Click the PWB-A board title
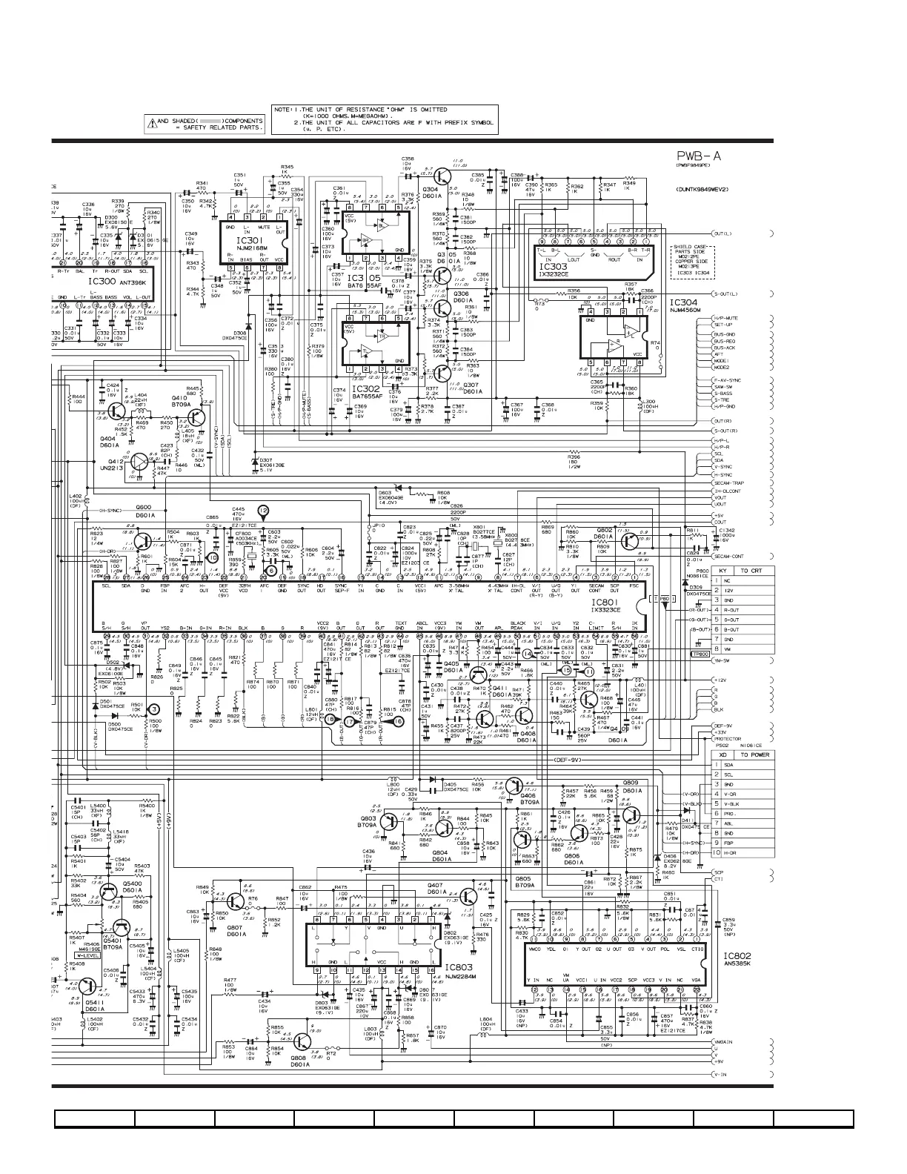point(700,157)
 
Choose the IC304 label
point(682,302)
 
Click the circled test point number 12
point(262,510)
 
